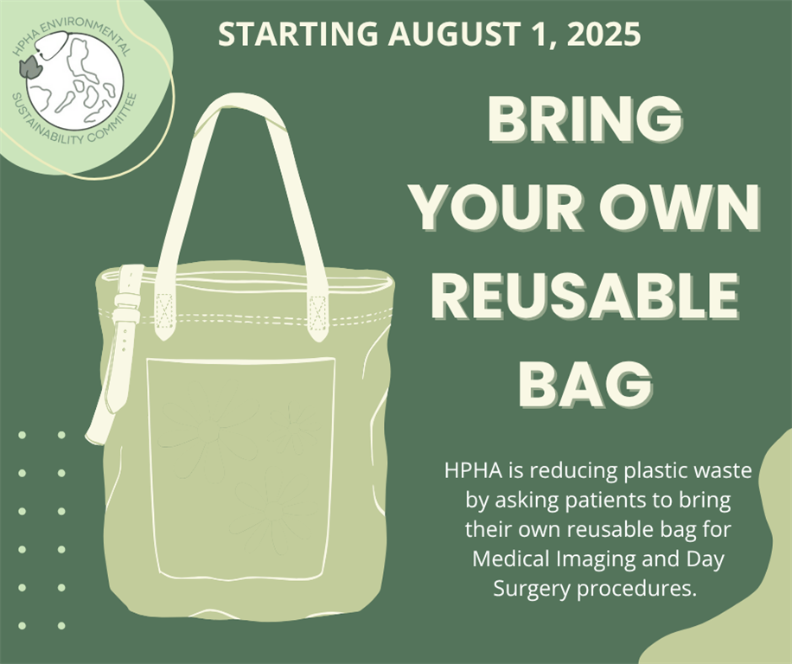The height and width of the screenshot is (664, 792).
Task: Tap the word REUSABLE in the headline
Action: pyautogui.click(x=585, y=297)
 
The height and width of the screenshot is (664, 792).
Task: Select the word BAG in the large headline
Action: pyautogui.click(x=585, y=384)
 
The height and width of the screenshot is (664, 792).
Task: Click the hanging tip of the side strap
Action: pyautogui.click(x=93, y=439)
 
